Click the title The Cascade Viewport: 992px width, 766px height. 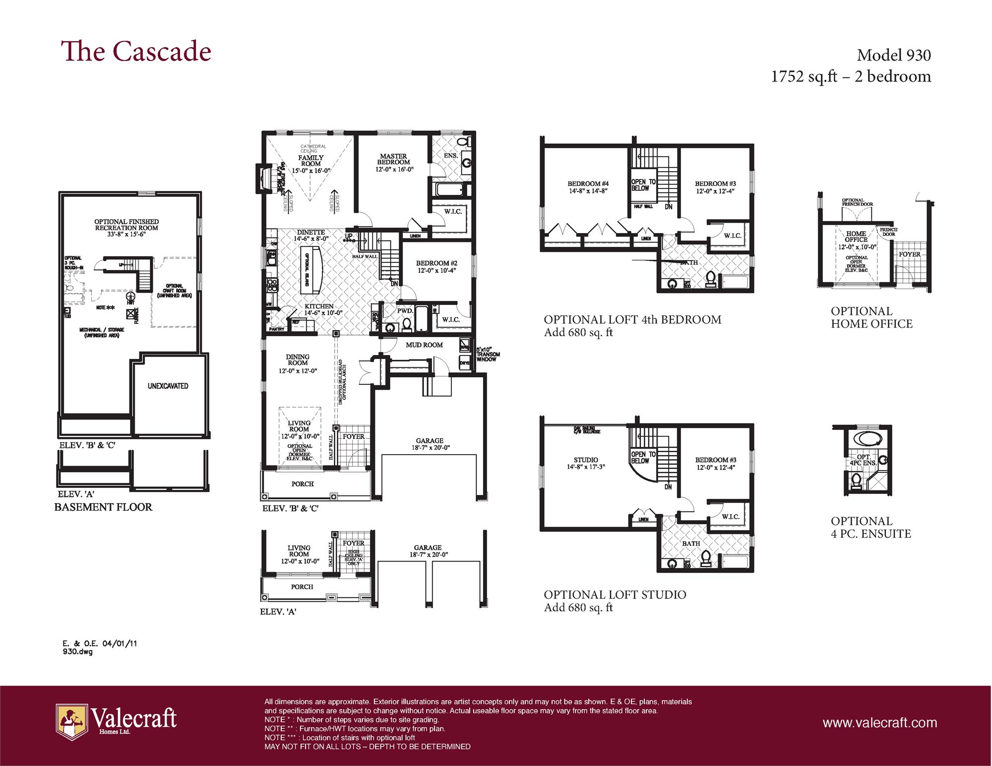click(136, 52)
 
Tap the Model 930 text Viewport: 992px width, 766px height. click(893, 55)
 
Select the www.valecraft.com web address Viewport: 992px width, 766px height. click(879, 722)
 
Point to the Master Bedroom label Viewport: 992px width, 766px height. click(394, 159)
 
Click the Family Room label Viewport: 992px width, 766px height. click(310, 161)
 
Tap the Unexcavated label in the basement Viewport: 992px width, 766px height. click(168, 386)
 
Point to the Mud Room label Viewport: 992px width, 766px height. click(424, 345)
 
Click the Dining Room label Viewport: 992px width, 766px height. click(298, 360)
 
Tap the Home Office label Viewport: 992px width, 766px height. click(856, 236)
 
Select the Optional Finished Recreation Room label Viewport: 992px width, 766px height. click(126, 225)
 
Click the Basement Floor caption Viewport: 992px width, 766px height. click(103, 507)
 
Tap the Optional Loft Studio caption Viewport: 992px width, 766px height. click(615, 594)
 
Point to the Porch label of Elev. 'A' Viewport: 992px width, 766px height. click(302, 587)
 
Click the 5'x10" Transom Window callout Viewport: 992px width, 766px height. click(488, 354)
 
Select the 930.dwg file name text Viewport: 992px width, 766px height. click(77, 652)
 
